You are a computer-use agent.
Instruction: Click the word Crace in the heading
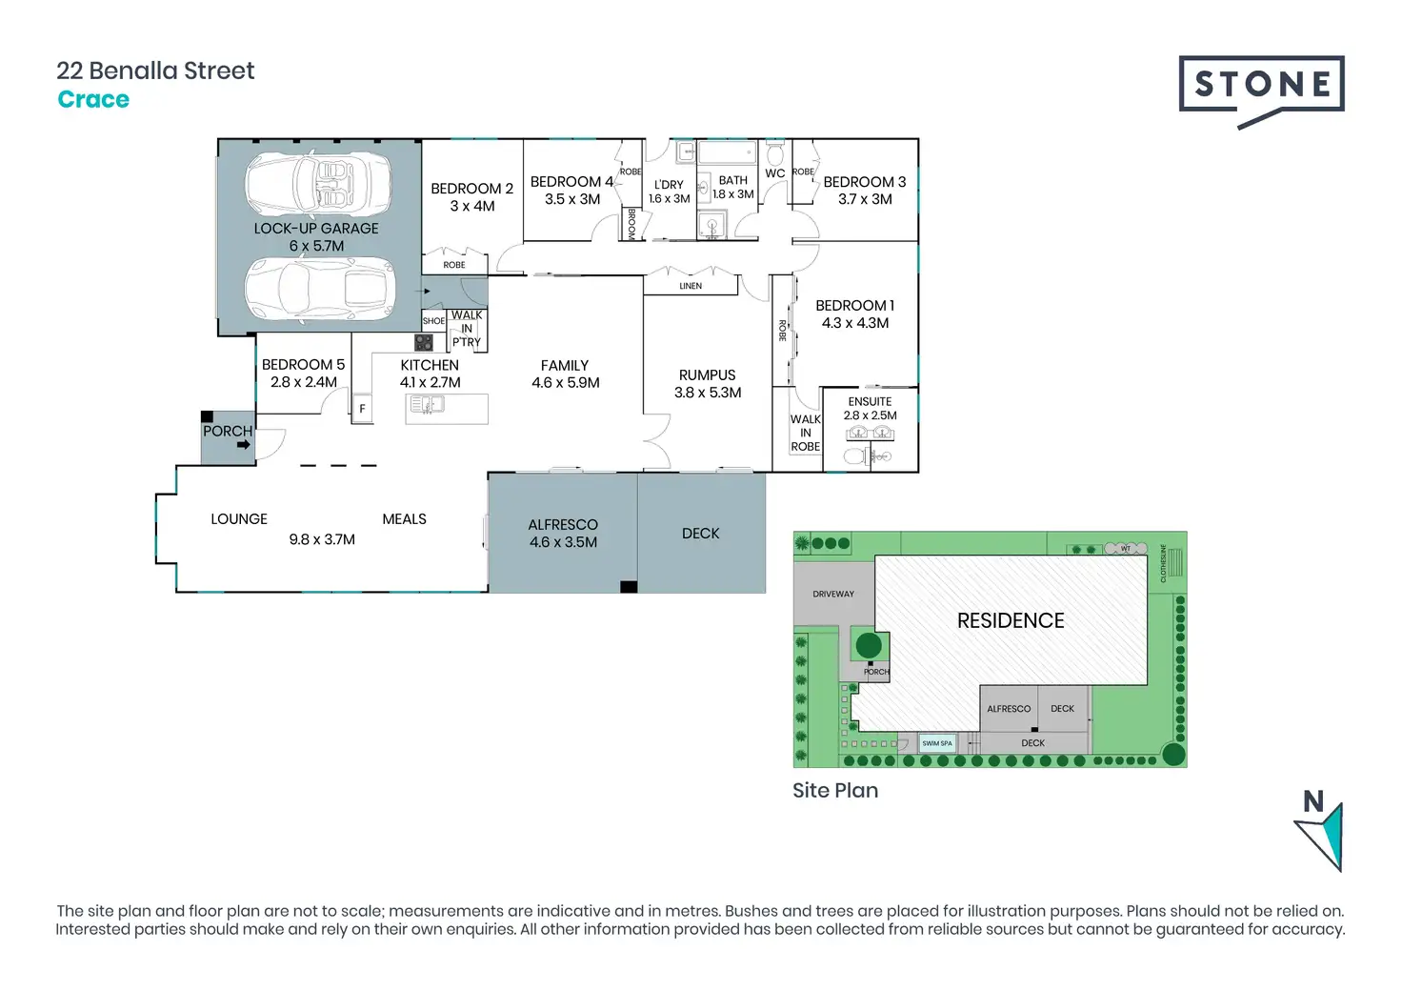(x=93, y=100)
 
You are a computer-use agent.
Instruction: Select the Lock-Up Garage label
(x=316, y=229)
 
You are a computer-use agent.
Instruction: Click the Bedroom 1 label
(x=854, y=306)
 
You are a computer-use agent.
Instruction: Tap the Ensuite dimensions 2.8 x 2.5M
(x=870, y=415)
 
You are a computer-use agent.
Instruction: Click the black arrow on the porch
(x=244, y=444)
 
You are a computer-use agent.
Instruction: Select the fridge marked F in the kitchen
(x=362, y=409)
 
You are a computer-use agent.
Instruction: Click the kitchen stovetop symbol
(x=424, y=342)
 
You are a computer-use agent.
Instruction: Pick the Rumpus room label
(x=707, y=375)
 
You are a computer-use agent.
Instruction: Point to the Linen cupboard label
(x=691, y=286)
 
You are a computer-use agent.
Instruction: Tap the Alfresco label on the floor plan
(x=563, y=525)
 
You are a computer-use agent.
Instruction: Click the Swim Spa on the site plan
(x=937, y=743)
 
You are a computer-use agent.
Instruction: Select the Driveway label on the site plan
(x=833, y=594)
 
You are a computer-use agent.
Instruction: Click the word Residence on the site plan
(x=1011, y=621)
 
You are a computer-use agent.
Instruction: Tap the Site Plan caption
(x=835, y=791)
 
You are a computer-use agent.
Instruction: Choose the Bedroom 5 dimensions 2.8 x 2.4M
(x=303, y=382)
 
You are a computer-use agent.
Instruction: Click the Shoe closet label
(x=433, y=321)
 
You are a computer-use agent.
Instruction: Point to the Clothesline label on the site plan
(x=1163, y=563)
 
